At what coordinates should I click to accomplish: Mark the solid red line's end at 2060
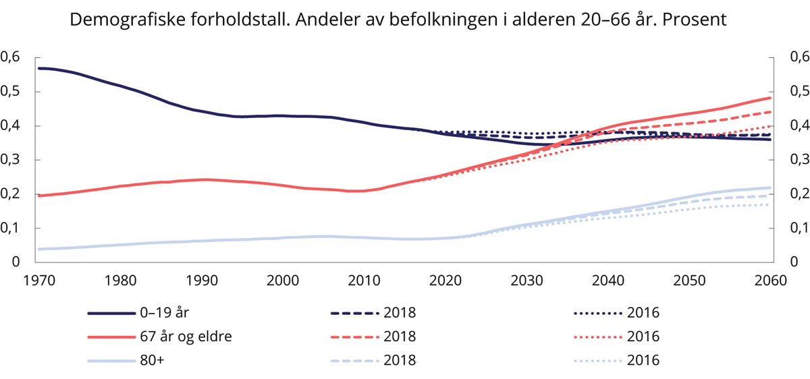(x=769, y=98)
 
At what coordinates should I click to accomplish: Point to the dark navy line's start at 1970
(x=40, y=68)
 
